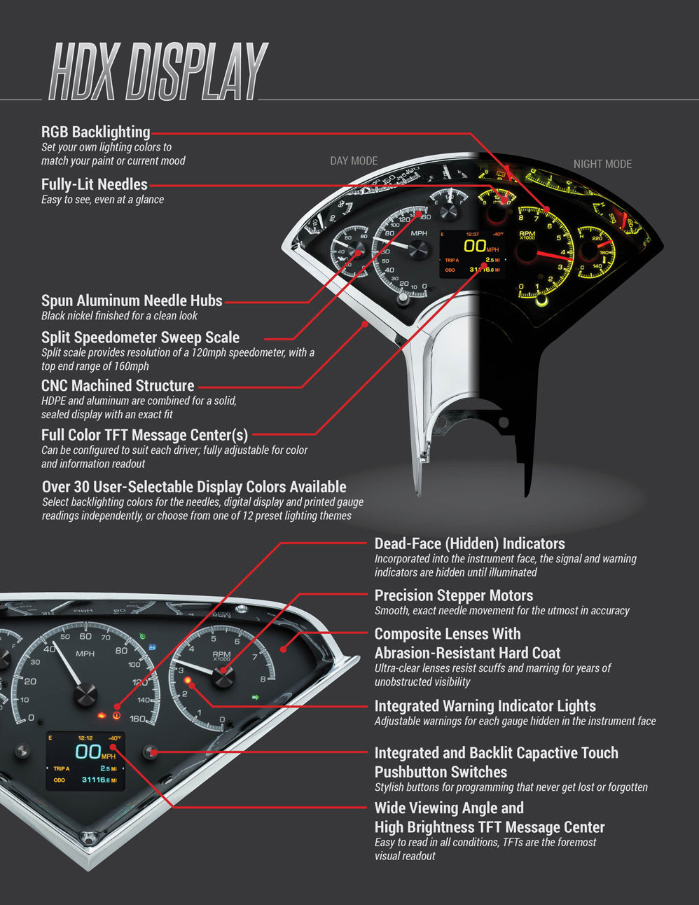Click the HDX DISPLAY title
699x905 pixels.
pyautogui.click(x=158, y=71)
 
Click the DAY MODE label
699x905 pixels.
pyautogui.click(x=354, y=161)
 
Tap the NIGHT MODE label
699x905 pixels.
pyautogui.click(x=602, y=164)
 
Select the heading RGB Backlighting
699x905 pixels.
pyautogui.click(x=95, y=132)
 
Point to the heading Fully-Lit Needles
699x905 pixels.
pyautogui.click(x=94, y=184)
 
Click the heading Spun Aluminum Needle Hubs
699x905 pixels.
pyautogui.click(x=132, y=300)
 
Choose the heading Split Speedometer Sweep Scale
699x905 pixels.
pyautogui.click(x=140, y=338)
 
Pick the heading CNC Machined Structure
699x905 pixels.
pyautogui.click(x=118, y=386)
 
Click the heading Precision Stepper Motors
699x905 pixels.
pyautogui.click(x=454, y=595)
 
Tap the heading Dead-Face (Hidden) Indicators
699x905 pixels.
pyautogui.click(x=469, y=544)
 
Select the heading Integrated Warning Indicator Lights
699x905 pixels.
pyautogui.click(x=485, y=706)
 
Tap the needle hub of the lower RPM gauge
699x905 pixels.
pyautogui.click(x=223, y=676)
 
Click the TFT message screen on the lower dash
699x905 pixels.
pyautogui.click(x=85, y=761)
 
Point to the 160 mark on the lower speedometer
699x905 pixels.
pyautogui.click(x=137, y=719)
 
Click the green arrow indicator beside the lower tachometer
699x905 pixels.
pyautogui.click(x=256, y=697)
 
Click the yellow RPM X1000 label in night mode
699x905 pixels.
pyautogui.click(x=527, y=235)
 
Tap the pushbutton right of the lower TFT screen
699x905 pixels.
pyautogui.click(x=150, y=752)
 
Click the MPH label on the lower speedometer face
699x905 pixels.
pyautogui.click(x=85, y=654)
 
